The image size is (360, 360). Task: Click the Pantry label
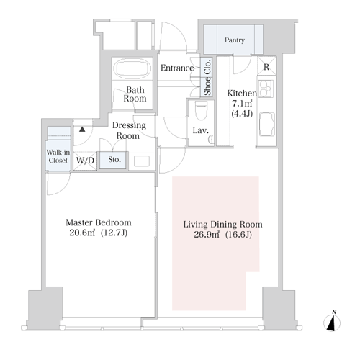(235, 40)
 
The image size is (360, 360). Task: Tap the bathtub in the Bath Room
(132, 68)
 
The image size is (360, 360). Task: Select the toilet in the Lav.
(201, 111)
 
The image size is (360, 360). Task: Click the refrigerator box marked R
(266, 66)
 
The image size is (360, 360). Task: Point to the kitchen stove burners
(266, 89)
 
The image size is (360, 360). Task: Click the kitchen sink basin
(266, 124)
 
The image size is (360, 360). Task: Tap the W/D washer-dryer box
(85, 161)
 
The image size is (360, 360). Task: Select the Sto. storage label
(114, 159)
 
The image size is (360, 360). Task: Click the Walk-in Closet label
(58, 156)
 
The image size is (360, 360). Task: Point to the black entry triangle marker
(82, 130)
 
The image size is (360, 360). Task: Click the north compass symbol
(332, 322)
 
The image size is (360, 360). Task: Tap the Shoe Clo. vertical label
(207, 77)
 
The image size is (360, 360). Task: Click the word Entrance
(177, 68)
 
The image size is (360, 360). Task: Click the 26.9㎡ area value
(207, 235)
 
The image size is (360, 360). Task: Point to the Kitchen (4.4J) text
(242, 113)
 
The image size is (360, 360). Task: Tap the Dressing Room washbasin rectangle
(142, 161)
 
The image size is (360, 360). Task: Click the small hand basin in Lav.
(211, 140)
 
